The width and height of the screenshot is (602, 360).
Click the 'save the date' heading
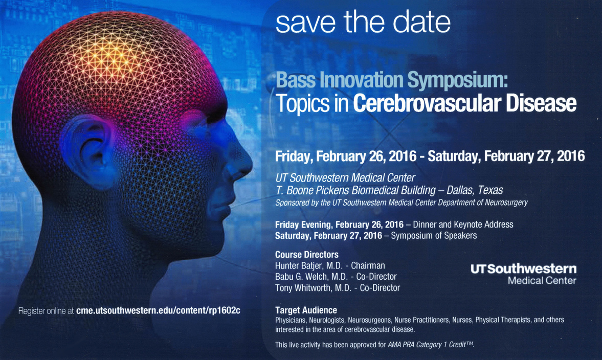pos(363,22)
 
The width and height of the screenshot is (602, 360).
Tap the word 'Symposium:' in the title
pos(458,80)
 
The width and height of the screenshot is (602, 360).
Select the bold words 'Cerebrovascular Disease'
pos(464,103)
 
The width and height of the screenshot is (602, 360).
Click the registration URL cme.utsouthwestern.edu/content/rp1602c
pos(158,310)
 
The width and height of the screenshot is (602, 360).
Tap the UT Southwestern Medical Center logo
pos(524,274)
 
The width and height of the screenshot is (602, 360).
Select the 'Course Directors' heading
pos(307,255)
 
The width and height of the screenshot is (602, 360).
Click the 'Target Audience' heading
pos(306,310)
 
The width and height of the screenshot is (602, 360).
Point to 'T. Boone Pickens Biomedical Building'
pos(355,190)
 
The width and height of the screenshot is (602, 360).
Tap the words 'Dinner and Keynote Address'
pos(463,224)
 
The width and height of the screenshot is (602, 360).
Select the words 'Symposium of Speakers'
pos(434,236)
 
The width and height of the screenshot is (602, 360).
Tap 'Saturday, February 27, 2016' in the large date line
pos(506,156)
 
